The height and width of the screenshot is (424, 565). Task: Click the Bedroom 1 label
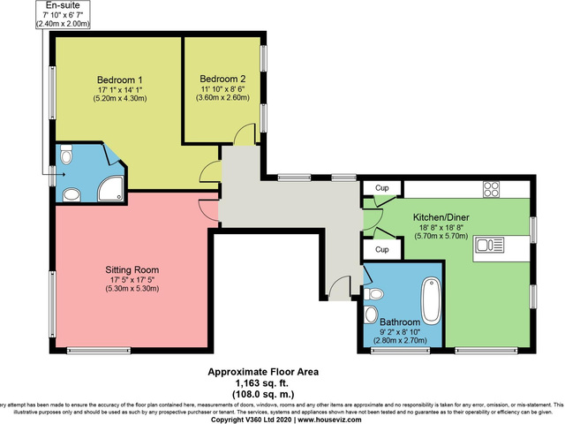(x=119, y=80)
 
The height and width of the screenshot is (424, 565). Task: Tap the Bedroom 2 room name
(x=222, y=78)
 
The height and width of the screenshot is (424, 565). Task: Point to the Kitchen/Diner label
(x=446, y=216)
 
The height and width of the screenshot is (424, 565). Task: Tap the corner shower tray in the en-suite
(x=113, y=185)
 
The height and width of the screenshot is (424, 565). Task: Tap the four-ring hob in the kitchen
(x=491, y=189)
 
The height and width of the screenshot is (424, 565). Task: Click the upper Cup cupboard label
(x=381, y=188)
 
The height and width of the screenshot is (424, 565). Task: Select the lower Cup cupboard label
(x=381, y=250)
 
